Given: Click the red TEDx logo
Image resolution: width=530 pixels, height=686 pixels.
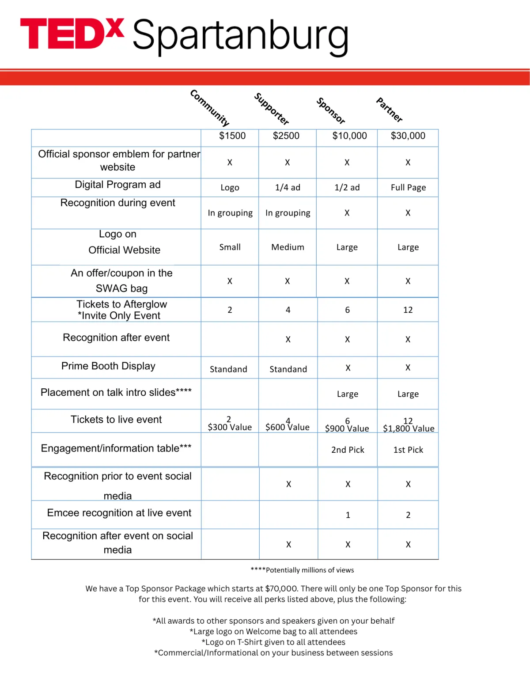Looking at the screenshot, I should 72,34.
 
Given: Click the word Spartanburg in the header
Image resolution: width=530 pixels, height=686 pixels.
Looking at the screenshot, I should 240,36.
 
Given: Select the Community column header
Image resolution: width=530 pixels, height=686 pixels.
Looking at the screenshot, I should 210,107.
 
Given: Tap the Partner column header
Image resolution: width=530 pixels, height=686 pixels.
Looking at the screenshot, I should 389,110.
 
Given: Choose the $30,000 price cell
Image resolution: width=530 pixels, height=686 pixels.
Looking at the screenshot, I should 408,136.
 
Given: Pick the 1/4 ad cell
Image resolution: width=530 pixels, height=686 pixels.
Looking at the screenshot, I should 288,187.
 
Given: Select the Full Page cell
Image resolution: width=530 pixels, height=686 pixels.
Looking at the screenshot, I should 408,187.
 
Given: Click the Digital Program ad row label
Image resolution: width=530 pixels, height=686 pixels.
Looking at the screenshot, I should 117,185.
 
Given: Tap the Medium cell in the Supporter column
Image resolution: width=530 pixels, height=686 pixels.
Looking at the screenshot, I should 288,247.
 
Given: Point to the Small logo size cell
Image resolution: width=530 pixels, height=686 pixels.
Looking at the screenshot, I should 230,247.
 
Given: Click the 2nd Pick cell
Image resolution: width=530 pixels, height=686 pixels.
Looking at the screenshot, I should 348,450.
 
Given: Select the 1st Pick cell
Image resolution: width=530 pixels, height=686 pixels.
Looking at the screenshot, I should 408,450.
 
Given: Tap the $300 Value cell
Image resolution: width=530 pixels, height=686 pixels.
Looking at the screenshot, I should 230,427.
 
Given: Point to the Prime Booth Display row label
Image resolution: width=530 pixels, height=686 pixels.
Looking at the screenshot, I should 108,366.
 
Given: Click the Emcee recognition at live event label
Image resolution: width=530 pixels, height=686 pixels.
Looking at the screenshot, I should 119,513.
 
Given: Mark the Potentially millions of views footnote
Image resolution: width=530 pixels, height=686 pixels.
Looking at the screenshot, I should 302,570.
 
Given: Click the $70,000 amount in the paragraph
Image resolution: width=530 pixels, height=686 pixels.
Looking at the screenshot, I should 281,588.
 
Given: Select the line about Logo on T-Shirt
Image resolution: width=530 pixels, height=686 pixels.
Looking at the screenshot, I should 273,642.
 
